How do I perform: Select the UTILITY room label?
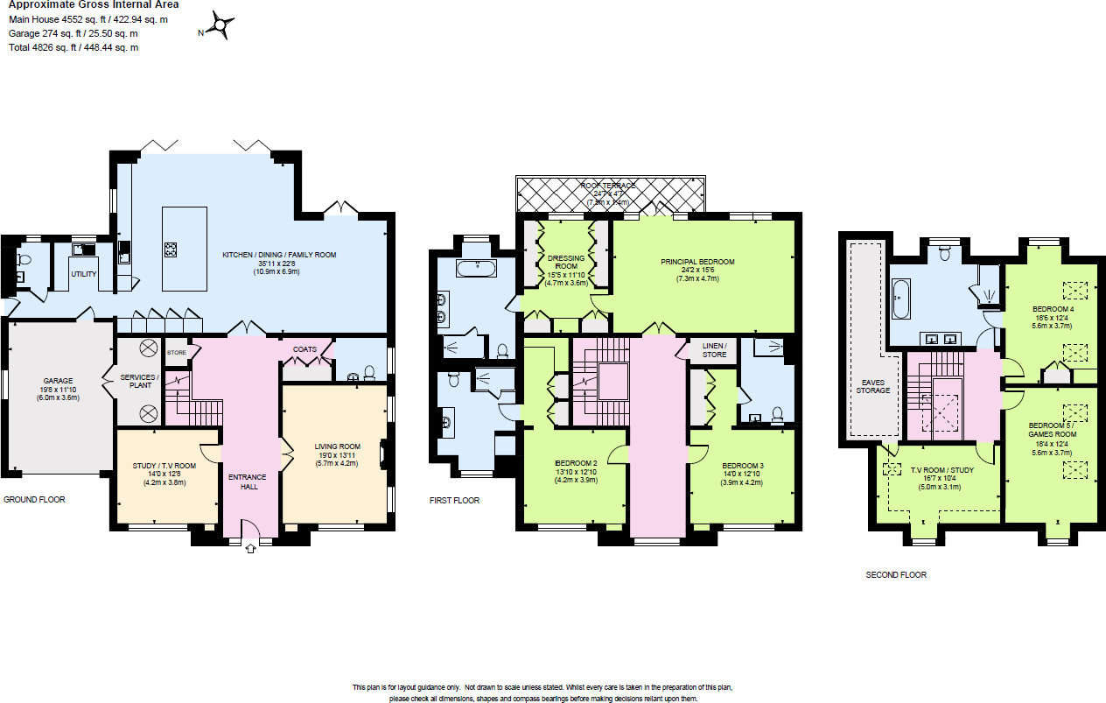pyautogui.click(x=84, y=274)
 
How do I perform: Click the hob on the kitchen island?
pyautogui.click(x=170, y=249)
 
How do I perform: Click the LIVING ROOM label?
pyautogui.click(x=337, y=446)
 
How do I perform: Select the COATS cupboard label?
pyautogui.click(x=304, y=349)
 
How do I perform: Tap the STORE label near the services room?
pyautogui.click(x=177, y=353)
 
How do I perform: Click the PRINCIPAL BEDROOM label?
pyautogui.click(x=697, y=262)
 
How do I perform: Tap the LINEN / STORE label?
pyautogui.click(x=714, y=350)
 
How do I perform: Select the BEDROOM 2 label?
pyautogui.click(x=576, y=463)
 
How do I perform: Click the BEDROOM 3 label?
pyautogui.click(x=743, y=465)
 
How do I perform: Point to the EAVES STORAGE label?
pyautogui.click(x=875, y=386)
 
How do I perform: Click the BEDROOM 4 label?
pyautogui.click(x=1053, y=309)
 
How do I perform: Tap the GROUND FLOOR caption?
pyautogui.click(x=34, y=500)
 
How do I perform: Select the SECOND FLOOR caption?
pyautogui.click(x=896, y=575)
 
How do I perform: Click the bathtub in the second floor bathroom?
pyautogui.click(x=901, y=298)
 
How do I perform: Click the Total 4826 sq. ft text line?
pyautogui.click(x=73, y=47)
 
